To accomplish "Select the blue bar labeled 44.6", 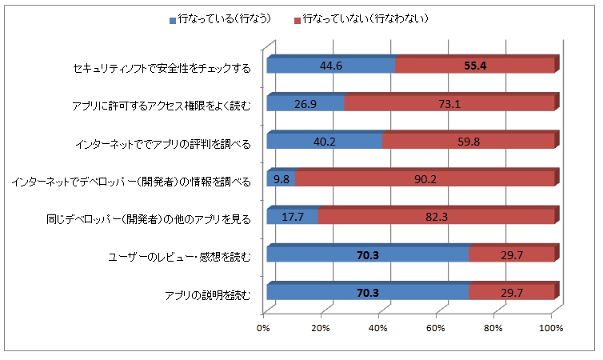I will click(330, 66).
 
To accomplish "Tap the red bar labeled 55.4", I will click(475, 66).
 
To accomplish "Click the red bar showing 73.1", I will click(449, 103).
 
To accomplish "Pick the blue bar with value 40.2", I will click(324, 142).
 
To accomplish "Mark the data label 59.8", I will click(469, 142).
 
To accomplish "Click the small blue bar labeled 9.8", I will click(281, 179).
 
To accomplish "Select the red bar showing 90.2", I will click(425, 179).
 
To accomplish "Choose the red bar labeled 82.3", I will click(436, 217).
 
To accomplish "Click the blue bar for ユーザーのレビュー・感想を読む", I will click(367, 255).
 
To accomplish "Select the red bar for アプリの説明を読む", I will click(511, 294).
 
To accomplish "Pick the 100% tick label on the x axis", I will click(551, 328).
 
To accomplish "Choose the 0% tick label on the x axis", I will click(263, 328).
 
